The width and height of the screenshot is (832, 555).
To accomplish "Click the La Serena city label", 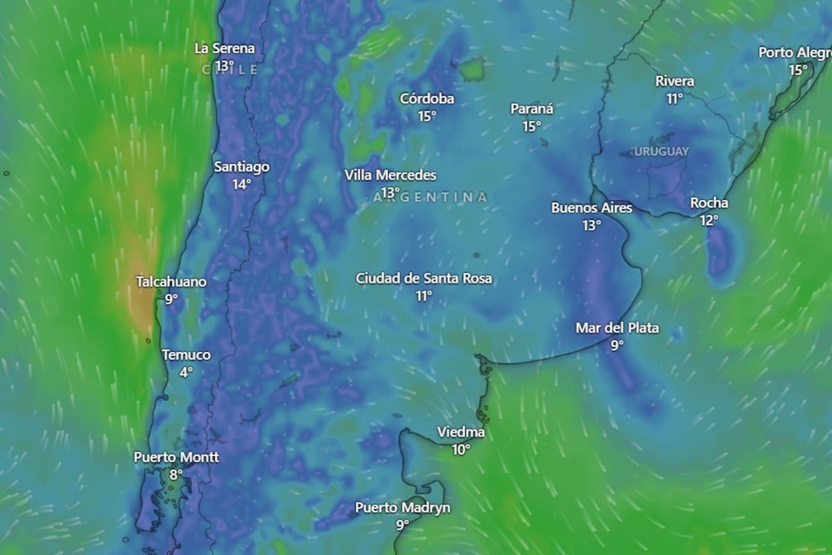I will pyautogui.click(x=224, y=49).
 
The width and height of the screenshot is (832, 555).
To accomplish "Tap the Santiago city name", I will pyautogui.click(x=241, y=167).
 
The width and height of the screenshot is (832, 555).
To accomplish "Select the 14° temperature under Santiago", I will pyautogui.click(x=241, y=185).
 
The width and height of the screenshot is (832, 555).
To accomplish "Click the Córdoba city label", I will pyautogui.click(x=427, y=99).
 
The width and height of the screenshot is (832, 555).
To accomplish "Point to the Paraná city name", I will pyautogui.click(x=532, y=109).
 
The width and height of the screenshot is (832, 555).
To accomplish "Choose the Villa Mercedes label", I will pyautogui.click(x=390, y=176).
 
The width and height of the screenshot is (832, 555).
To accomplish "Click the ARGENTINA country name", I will pyautogui.click(x=430, y=198).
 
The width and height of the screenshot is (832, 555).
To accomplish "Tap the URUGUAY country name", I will pyautogui.click(x=661, y=151).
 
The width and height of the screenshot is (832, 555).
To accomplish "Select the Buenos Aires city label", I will pyautogui.click(x=591, y=207).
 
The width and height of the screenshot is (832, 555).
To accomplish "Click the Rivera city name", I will pyautogui.click(x=675, y=81).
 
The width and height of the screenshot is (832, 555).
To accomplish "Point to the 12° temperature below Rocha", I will pyautogui.click(x=709, y=221).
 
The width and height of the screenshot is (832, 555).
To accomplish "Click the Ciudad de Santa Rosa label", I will pyautogui.click(x=424, y=279).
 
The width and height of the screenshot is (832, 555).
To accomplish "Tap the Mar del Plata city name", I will pyautogui.click(x=617, y=328).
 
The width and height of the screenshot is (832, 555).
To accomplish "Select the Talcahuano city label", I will pyautogui.click(x=171, y=282).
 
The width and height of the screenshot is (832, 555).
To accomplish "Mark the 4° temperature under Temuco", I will pyautogui.click(x=186, y=373).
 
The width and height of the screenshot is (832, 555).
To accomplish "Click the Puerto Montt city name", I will pyautogui.click(x=176, y=458).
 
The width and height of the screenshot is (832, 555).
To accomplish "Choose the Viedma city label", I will pyautogui.click(x=461, y=433).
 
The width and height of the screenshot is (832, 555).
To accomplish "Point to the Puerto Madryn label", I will pyautogui.click(x=402, y=508).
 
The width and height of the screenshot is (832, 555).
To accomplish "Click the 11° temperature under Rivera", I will pyautogui.click(x=675, y=99).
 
